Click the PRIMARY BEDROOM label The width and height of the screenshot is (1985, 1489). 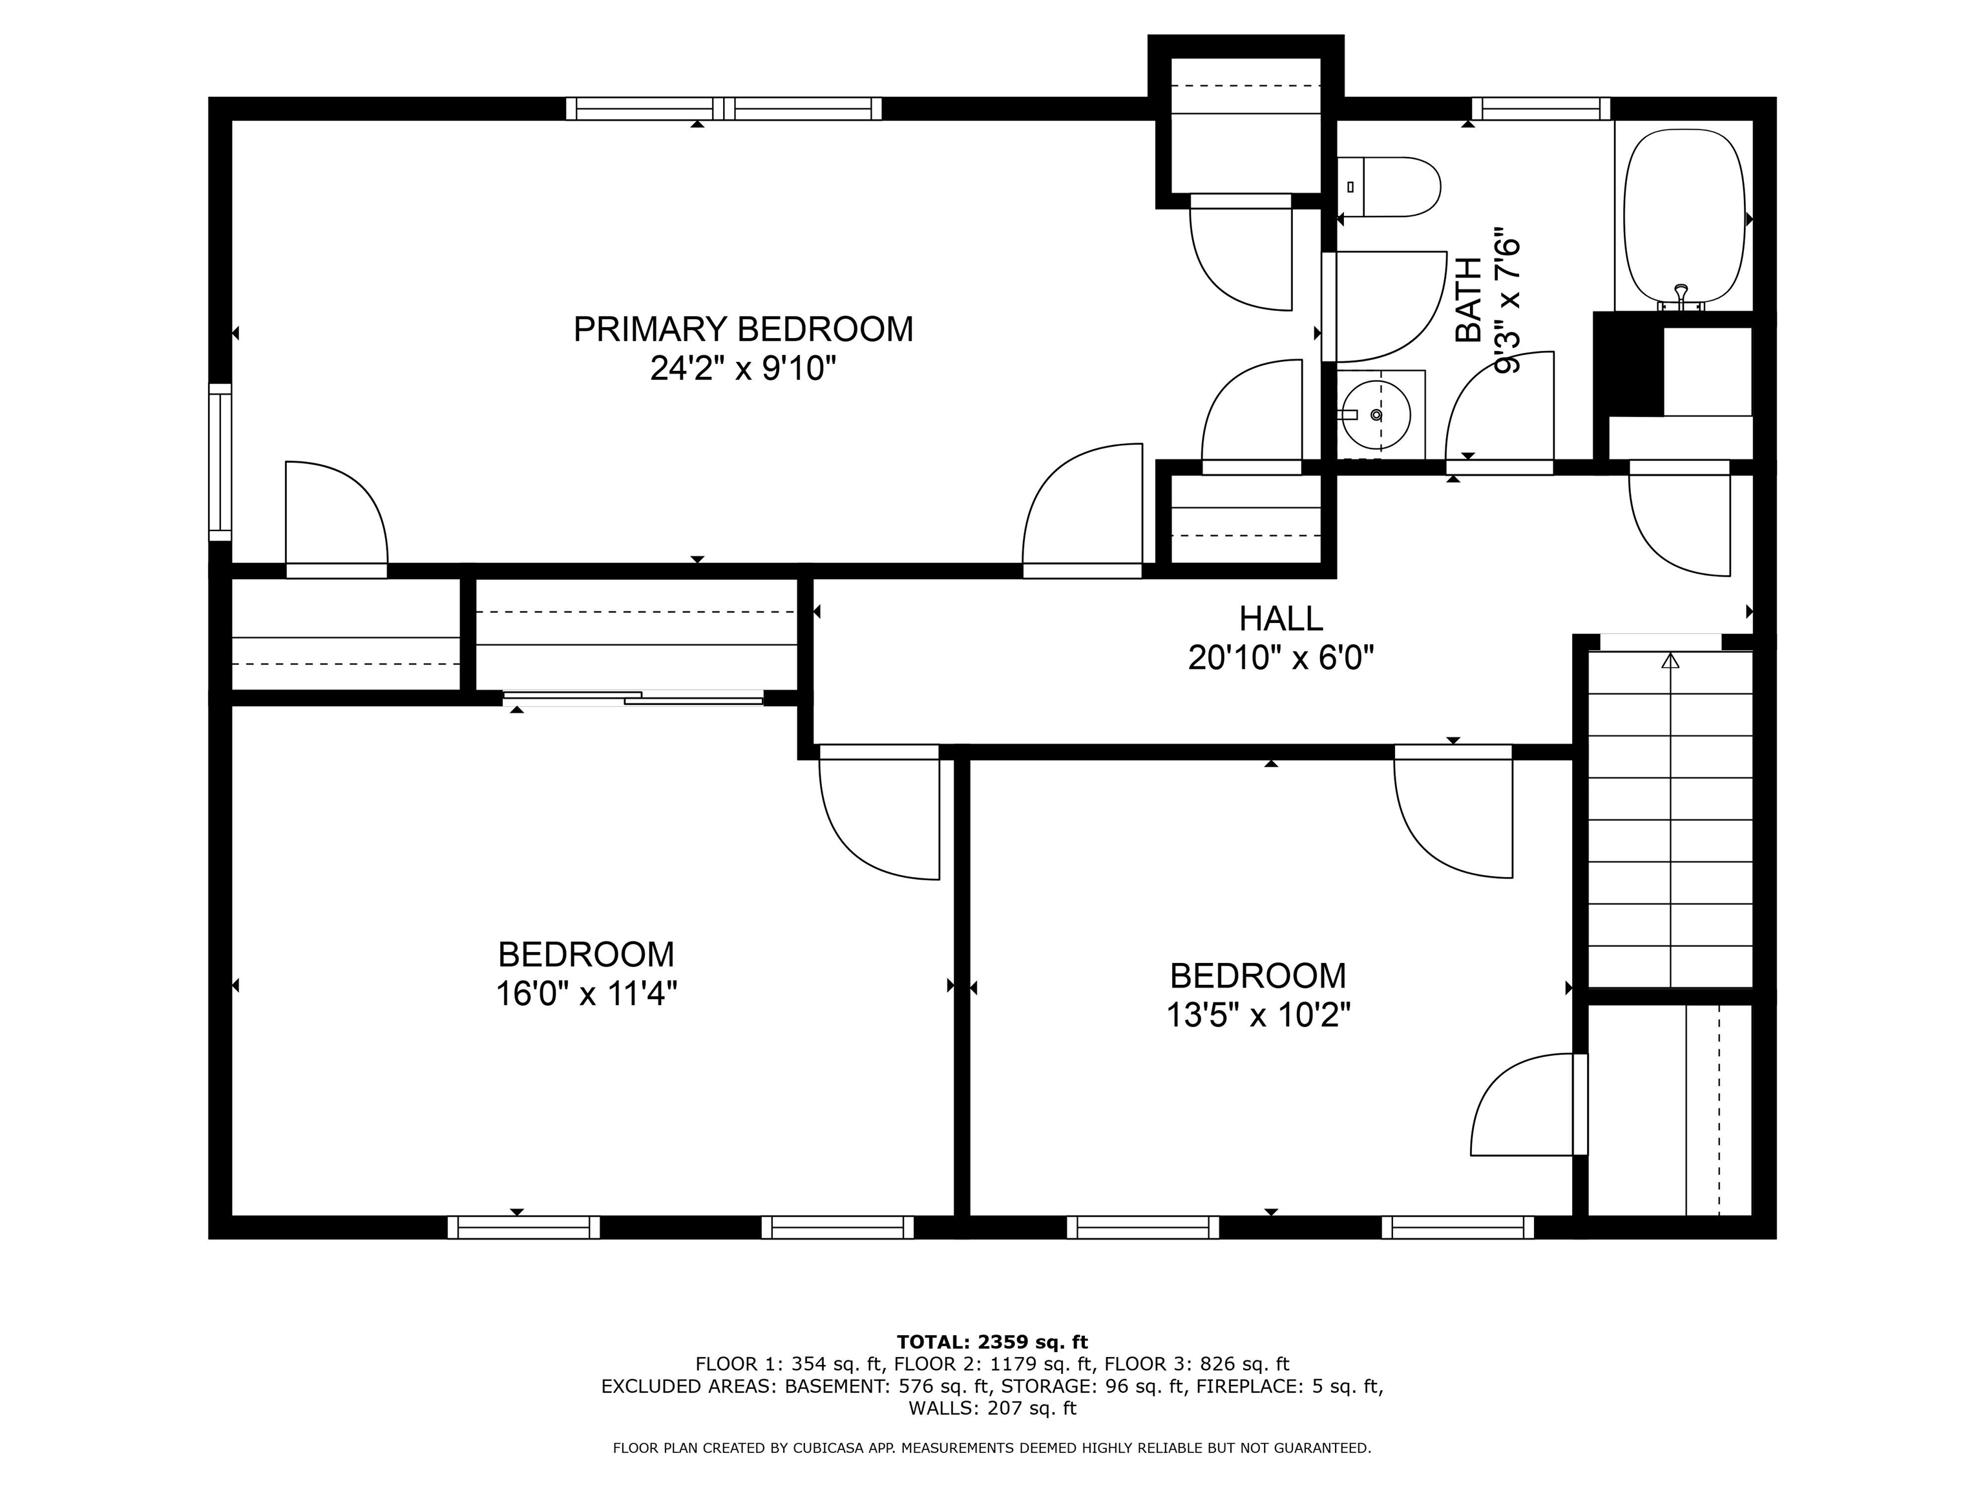tap(743, 330)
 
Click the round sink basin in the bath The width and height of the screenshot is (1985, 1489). tap(1376, 415)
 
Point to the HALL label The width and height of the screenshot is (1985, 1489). tap(1281, 618)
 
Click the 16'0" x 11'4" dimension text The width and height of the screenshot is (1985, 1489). tap(586, 993)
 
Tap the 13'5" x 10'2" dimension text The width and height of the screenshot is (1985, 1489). tap(1258, 1015)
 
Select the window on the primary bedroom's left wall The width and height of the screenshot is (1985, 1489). tap(220, 462)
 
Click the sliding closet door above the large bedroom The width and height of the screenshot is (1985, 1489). tap(633, 697)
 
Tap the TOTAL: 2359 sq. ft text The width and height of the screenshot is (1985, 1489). tap(992, 1367)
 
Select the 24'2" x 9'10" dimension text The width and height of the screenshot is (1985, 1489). tap(743, 368)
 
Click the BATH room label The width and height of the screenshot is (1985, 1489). tap(1469, 300)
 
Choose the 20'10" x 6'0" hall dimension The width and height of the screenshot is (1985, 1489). tap(1281, 659)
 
